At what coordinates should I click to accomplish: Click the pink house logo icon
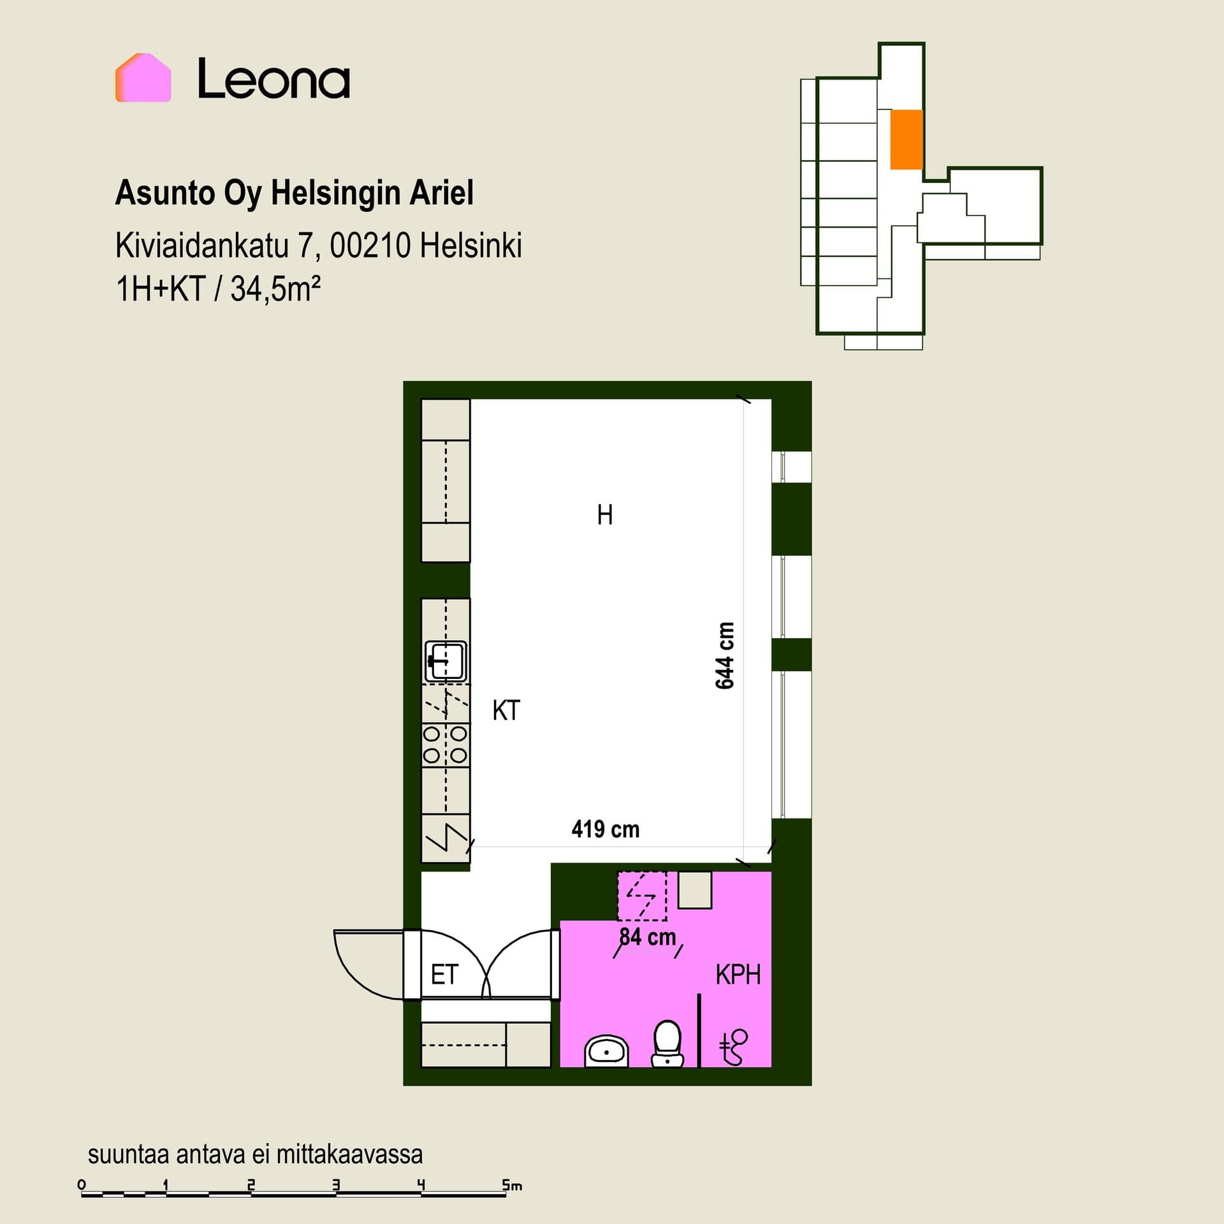[x=143, y=78]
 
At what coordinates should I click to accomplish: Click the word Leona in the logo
[x=273, y=79]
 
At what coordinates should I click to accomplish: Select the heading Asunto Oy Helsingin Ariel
[x=294, y=193]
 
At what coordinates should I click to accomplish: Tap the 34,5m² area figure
[x=275, y=289]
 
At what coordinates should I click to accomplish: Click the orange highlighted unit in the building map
[x=906, y=140]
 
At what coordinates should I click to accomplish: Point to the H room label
[x=605, y=514]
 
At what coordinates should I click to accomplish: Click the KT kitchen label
[x=506, y=710]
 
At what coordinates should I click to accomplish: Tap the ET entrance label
[x=444, y=975]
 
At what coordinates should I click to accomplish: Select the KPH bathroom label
[x=738, y=975]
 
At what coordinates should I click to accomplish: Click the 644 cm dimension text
[x=725, y=655]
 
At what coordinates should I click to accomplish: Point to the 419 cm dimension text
[x=606, y=829]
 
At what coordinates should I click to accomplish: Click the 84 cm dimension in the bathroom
[x=648, y=936]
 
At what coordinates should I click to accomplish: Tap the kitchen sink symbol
[x=446, y=661]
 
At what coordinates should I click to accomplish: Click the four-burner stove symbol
[x=446, y=745]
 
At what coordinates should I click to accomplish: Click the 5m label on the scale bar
[x=512, y=1185]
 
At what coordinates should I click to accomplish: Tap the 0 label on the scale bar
[x=82, y=1184]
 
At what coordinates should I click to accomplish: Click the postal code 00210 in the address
[x=370, y=246]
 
